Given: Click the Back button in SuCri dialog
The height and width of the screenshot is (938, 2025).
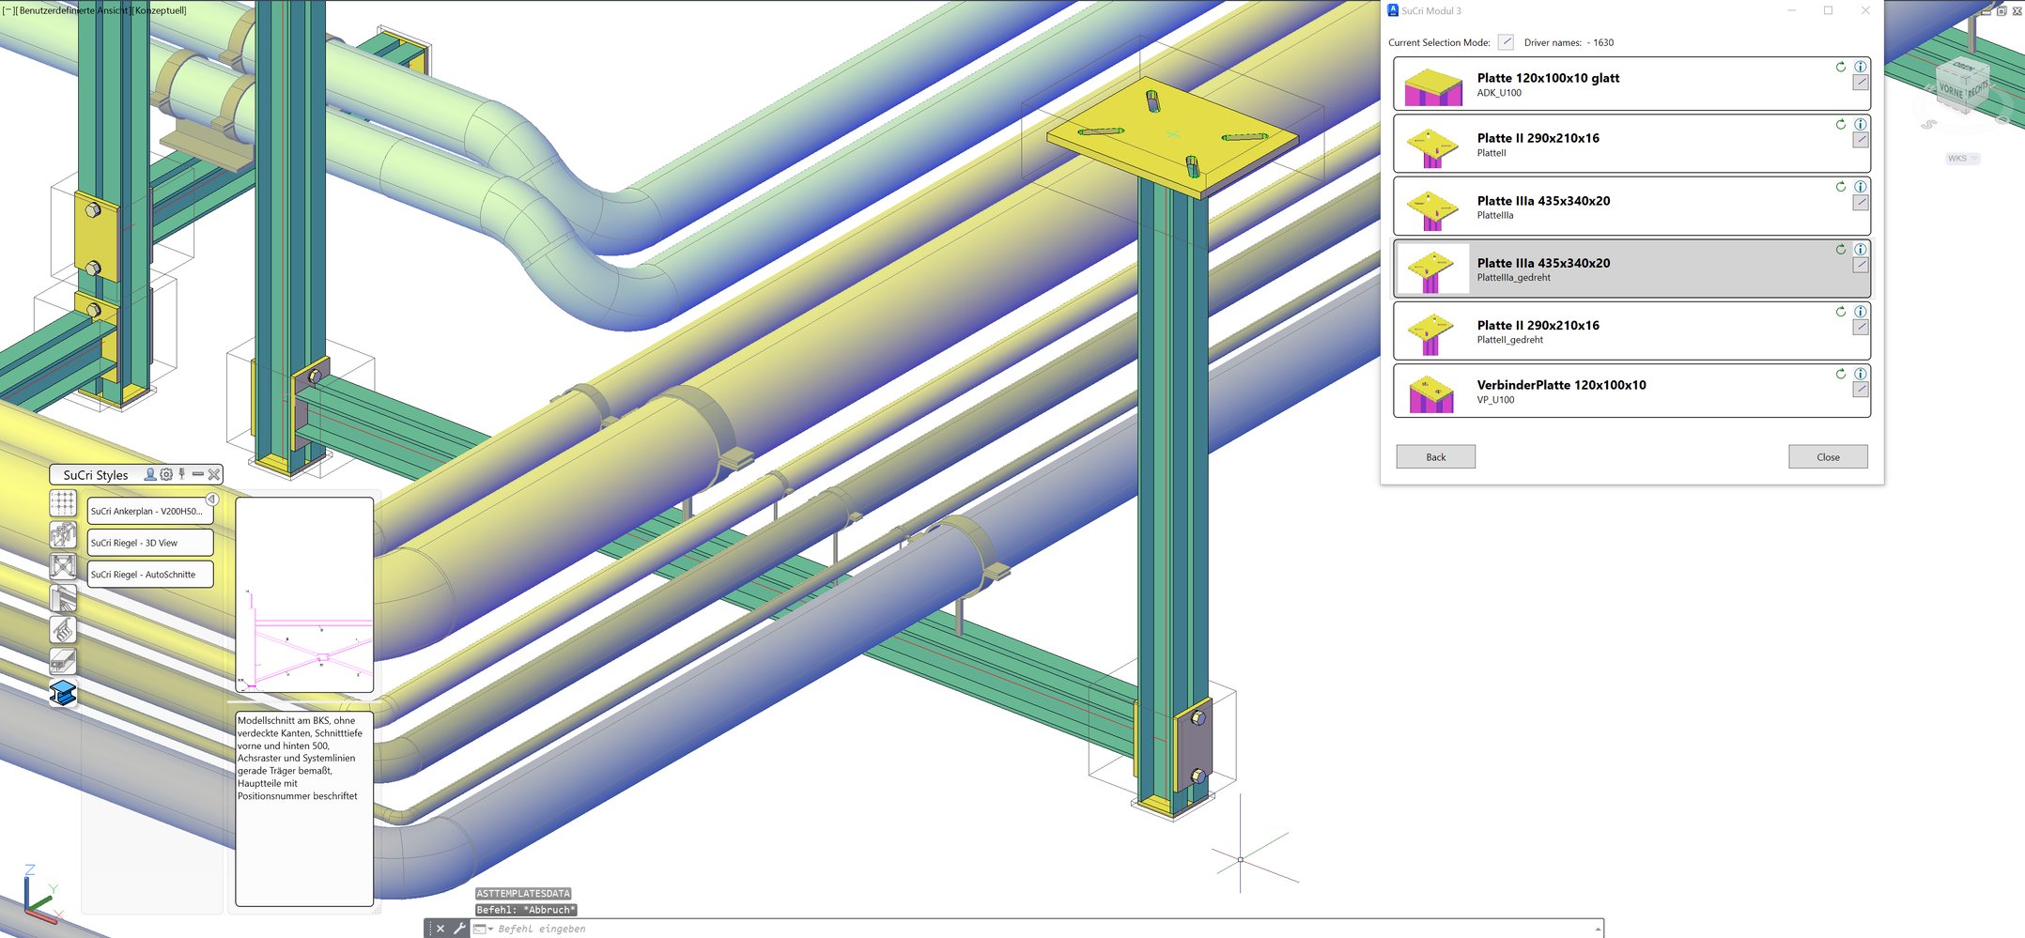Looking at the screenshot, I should tap(1435, 457).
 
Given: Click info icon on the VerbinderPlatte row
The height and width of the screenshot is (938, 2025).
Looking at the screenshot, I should tap(1860, 374).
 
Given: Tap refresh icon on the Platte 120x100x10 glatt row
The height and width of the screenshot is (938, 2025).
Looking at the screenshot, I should tap(1841, 67).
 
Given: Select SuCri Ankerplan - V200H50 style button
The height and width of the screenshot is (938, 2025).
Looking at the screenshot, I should tap(149, 512).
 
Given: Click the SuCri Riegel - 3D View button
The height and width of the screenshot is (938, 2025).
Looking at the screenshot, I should tap(149, 543).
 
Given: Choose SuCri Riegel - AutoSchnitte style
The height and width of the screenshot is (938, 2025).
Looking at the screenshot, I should tap(149, 575).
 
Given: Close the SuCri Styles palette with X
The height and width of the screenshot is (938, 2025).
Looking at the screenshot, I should tap(214, 475).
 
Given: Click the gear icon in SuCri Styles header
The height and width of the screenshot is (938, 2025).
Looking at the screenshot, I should tap(166, 475).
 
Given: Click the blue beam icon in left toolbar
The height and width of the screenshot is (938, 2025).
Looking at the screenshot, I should tap(63, 693).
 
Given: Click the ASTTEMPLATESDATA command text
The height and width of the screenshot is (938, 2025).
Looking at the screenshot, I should tap(523, 894).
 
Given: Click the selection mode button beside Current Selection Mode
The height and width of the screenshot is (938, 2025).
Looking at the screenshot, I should tap(1506, 42).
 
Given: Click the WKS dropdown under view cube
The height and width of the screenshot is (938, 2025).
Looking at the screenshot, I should tap(1962, 159).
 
